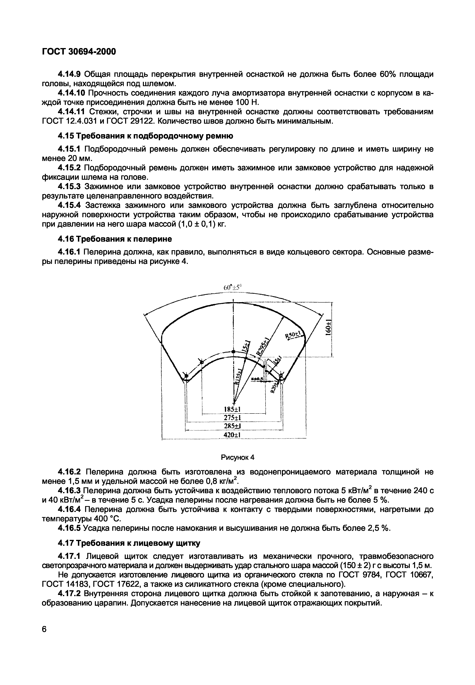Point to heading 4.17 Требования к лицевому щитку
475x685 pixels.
[x=129, y=543]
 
